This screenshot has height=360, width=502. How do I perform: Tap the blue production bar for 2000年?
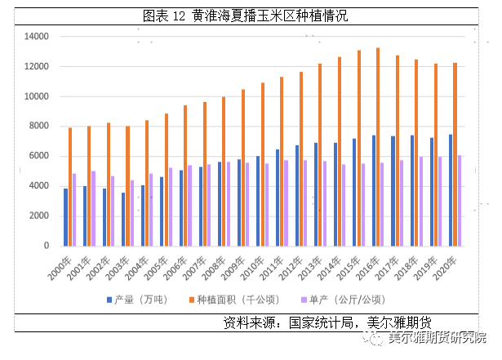click(x=65, y=217)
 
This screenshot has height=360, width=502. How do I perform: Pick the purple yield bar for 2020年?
click(x=460, y=200)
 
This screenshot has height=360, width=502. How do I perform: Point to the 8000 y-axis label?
click(x=39, y=127)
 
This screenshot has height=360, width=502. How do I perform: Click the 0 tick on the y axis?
click(x=47, y=246)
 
